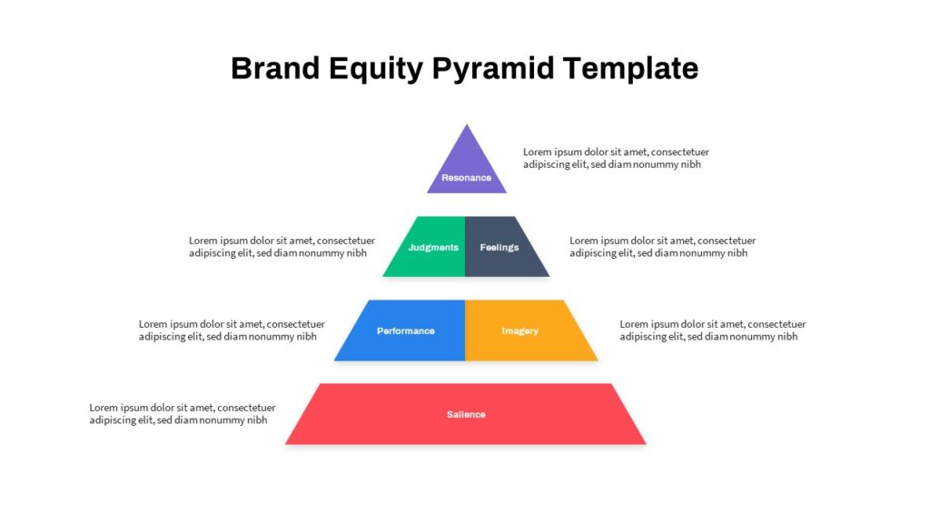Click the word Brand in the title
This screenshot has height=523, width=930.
[x=275, y=67]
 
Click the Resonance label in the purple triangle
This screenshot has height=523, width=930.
[x=466, y=177]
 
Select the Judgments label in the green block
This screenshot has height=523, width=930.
[x=433, y=247]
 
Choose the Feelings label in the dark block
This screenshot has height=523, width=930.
[x=500, y=247]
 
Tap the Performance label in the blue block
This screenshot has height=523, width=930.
[x=406, y=331]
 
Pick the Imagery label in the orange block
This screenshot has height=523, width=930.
[x=520, y=331]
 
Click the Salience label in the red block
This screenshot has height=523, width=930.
[x=466, y=414]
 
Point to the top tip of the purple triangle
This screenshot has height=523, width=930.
[x=467, y=123]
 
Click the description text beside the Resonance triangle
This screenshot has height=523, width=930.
[x=616, y=158]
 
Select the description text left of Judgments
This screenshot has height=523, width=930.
[x=282, y=247]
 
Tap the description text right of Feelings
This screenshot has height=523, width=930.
[x=662, y=247]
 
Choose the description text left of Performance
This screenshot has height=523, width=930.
[x=232, y=331]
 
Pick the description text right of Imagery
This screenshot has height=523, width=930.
[x=712, y=331]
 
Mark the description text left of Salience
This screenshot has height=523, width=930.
[x=182, y=414]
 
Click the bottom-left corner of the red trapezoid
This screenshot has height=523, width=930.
[x=285, y=444]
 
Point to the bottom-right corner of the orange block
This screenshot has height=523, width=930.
[x=598, y=360]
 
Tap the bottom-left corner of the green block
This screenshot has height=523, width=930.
[x=382, y=276]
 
